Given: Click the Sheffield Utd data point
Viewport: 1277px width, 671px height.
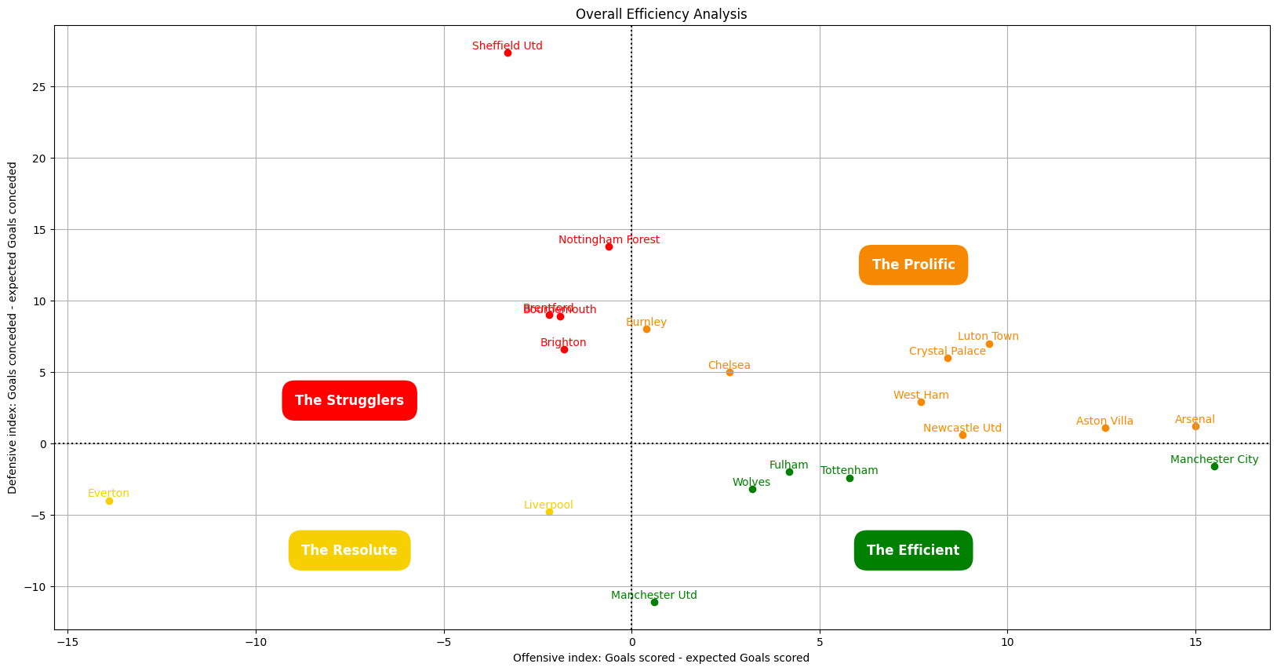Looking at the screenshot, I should click(x=508, y=53).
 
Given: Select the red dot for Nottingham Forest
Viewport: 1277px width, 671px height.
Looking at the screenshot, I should click(x=609, y=247).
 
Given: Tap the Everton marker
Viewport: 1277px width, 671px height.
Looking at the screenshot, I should click(x=109, y=501).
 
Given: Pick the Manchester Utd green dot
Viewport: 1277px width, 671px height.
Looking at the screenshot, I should click(x=654, y=602).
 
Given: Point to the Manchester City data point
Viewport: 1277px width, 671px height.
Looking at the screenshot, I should click(x=1214, y=466).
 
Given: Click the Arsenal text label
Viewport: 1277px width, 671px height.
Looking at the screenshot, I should click(x=1195, y=420).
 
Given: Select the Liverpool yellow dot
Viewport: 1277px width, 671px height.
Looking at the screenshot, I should click(x=549, y=512).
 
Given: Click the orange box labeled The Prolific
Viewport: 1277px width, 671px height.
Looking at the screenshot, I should click(x=913, y=265).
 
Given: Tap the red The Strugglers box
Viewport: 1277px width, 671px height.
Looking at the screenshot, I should click(x=349, y=400).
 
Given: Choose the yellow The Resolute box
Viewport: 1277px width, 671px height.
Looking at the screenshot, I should click(x=349, y=550).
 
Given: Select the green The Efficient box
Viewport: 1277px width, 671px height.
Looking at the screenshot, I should click(x=913, y=550).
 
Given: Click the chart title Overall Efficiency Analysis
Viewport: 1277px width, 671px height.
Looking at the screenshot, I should click(x=660, y=14).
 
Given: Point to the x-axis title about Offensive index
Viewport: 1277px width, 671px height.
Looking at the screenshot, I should click(x=660, y=658).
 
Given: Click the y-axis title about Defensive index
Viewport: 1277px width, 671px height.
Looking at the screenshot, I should click(x=13, y=328).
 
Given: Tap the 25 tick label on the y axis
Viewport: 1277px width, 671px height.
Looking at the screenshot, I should click(x=38, y=87).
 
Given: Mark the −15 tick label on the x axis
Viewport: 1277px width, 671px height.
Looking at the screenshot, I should click(x=67, y=642).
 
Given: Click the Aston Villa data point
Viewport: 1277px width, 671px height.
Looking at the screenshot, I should click(x=1105, y=428).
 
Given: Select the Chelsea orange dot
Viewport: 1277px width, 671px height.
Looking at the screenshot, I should click(x=729, y=372).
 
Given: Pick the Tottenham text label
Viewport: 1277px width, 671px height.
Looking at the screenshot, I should click(x=849, y=471).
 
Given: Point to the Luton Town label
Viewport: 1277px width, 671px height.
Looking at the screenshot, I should click(x=988, y=337).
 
